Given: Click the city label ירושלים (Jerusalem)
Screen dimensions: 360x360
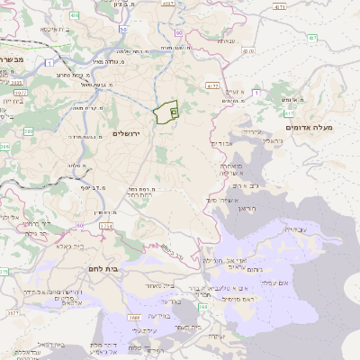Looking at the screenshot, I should tap(130, 133).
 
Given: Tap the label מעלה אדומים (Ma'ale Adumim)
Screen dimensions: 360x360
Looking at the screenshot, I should tap(309, 128).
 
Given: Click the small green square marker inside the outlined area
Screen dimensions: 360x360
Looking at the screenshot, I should tap(173, 112).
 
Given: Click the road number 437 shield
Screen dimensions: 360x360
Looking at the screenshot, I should tap(311, 38).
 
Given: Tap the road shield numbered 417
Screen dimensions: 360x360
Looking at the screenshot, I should tap(288, 114).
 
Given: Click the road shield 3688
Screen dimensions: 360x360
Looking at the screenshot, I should tap(134, 317).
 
